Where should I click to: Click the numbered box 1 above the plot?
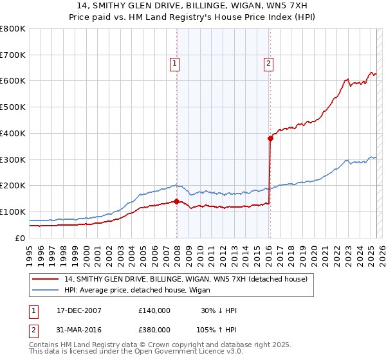pyautogui.click(x=174, y=63)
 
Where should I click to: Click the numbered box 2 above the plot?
pyautogui.click(x=268, y=63)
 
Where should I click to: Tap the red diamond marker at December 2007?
pyautogui.click(x=177, y=201)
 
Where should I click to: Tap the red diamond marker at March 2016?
pyautogui.click(x=270, y=138)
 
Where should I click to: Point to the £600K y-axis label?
pyautogui.click(x=13, y=81)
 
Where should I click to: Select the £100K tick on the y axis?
pyautogui.click(x=13, y=212)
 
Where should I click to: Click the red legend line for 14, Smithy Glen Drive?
pyautogui.click(x=46, y=278)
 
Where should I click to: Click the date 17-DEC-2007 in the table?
pyautogui.click(x=79, y=310)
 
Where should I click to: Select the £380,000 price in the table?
pyautogui.click(x=154, y=332)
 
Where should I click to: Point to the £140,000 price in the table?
pyautogui.click(x=154, y=310)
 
